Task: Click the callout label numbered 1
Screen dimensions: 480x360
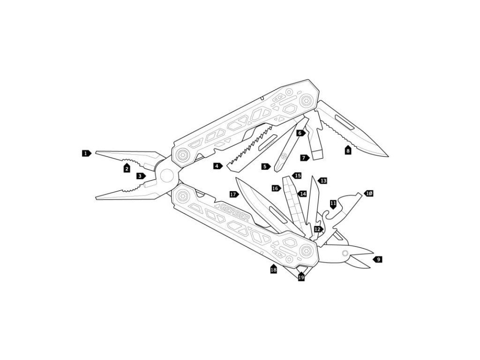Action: pos(86,153)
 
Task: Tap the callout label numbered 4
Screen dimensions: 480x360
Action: pos(218,166)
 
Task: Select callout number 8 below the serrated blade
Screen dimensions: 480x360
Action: pos(348,150)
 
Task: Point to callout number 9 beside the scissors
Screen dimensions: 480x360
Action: pos(378,260)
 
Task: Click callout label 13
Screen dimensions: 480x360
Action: pos(322,181)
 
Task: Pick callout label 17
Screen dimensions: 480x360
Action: pos(234,195)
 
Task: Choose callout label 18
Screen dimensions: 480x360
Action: pos(274,269)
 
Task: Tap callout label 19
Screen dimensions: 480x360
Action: pos(301,277)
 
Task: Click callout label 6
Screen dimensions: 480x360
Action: pos(300,133)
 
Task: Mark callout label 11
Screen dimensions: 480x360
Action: pos(333,204)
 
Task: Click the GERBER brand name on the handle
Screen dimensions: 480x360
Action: pos(235,212)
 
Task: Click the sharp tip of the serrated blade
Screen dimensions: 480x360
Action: pos(388,156)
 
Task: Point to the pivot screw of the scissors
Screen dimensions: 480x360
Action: pos(345,253)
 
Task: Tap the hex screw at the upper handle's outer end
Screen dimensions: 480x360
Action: pos(306,100)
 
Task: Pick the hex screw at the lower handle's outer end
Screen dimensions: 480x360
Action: pos(306,250)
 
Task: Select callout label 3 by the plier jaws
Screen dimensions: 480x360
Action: pos(141,176)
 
